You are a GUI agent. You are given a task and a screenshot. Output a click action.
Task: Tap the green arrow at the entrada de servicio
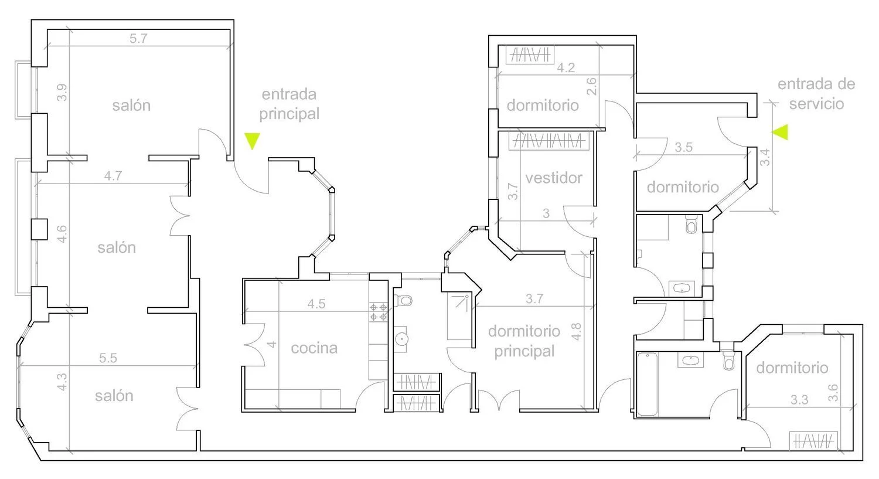(780, 133)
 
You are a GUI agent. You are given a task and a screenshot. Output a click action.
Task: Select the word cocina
(314, 348)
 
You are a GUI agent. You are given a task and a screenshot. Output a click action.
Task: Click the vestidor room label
(554, 178)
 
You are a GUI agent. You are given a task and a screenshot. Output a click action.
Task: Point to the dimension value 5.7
(138, 39)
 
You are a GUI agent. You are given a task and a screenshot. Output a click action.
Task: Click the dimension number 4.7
(113, 175)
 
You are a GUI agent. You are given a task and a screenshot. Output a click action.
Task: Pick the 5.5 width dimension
(108, 358)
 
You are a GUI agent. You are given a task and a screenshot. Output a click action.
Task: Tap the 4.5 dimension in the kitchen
(316, 304)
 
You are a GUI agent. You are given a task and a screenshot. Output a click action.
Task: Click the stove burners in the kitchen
(379, 312)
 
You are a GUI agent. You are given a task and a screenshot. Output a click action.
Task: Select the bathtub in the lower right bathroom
(647, 384)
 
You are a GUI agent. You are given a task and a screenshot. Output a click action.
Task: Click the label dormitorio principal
(524, 341)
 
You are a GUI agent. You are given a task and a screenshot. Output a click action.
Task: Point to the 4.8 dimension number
(576, 332)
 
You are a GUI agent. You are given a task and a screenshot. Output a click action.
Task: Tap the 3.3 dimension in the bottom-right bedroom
(799, 400)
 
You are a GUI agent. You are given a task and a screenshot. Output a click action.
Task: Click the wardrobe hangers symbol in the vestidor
(549, 141)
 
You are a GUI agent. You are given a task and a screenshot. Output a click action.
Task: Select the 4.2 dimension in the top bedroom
(566, 67)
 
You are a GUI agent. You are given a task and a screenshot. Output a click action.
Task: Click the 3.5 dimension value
(684, 147)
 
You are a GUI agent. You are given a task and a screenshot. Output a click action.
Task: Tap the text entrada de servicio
(816, 94)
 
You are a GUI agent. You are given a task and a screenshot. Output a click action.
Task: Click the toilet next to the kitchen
(403, 300)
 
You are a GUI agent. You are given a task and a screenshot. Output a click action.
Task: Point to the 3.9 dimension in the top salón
(62, 93)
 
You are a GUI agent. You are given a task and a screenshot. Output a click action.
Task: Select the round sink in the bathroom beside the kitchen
(401, 339)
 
